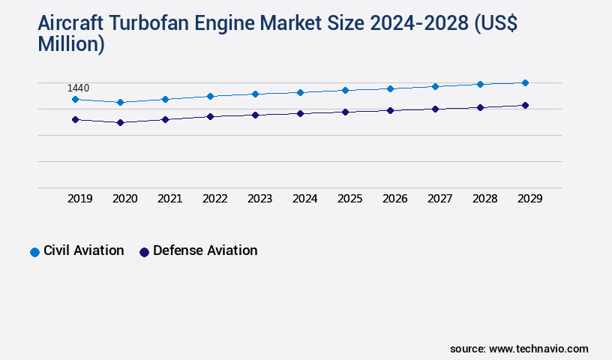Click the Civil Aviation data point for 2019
coord(75,99)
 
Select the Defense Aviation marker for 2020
coord(120,122)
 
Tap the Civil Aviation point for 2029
coord(525,82)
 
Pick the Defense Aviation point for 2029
coord(525,105)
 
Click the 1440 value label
coord(78,88)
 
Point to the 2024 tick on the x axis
coord(304,199)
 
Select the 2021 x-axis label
coord(169,199)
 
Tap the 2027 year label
coord(439,199)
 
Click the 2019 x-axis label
coord(79,199)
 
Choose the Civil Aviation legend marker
coord(34,252)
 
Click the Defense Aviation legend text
coord(205,250)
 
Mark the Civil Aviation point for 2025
coord(345,90)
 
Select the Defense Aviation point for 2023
coord(255,115)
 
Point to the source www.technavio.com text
coord(519,349)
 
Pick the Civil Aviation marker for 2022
coord(210,96)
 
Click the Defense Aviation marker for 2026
coord(390,110)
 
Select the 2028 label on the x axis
coord(484,199)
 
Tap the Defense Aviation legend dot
coord(144,252)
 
